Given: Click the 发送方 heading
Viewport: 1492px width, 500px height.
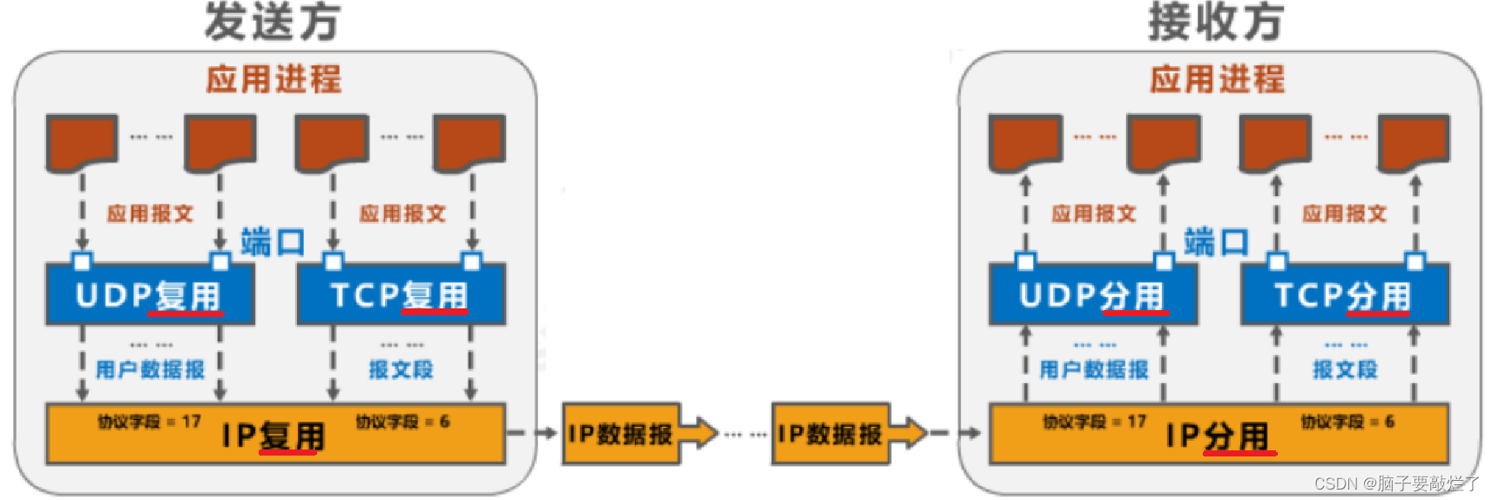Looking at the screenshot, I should tap(272, 22).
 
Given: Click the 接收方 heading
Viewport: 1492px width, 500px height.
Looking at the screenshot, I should tap(1216, 22).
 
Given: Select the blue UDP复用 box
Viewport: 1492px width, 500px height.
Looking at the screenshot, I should tap(150, 295).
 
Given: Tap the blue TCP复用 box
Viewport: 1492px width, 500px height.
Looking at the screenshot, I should tap(401, 295).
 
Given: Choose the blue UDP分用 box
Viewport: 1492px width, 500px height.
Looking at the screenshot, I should tap(1093, 295).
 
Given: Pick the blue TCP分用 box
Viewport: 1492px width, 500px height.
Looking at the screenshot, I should tap(1344, 295).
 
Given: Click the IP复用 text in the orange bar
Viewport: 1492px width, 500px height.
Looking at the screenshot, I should tap(273, 436).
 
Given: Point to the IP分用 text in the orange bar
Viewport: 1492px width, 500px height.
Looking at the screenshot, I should tap(1218, 436).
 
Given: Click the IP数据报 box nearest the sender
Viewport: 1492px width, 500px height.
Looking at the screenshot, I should tap(620, 433).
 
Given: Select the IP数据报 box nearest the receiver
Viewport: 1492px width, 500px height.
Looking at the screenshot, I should tap(829, 433).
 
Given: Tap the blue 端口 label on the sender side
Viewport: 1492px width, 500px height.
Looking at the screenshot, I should tap(273, 242).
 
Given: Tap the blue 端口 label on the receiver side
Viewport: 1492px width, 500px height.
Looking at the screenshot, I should tap(1217, 242).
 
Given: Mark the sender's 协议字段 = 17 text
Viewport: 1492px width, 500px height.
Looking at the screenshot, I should tap(150, 422).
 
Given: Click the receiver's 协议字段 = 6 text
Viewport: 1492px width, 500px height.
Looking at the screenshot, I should tap(1347, 422).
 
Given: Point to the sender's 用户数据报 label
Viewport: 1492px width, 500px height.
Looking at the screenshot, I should tap(150, 370).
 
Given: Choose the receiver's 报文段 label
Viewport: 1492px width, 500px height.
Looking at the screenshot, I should tap(1345, 370).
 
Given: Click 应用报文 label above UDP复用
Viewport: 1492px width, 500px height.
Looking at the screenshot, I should tap(150, 213).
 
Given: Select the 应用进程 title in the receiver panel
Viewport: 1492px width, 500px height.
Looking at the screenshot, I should tap(1217, 79).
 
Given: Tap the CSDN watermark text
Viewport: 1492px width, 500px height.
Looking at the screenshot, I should tap(1397, 483).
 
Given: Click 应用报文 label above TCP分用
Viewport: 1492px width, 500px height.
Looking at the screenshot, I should tap(1345, 213).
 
